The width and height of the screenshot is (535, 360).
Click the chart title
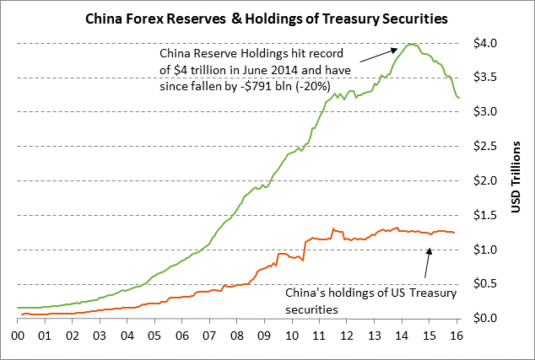coord(267,16)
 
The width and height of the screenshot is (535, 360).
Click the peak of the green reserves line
coord(410,44)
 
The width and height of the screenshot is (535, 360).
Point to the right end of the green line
coord(459,99)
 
